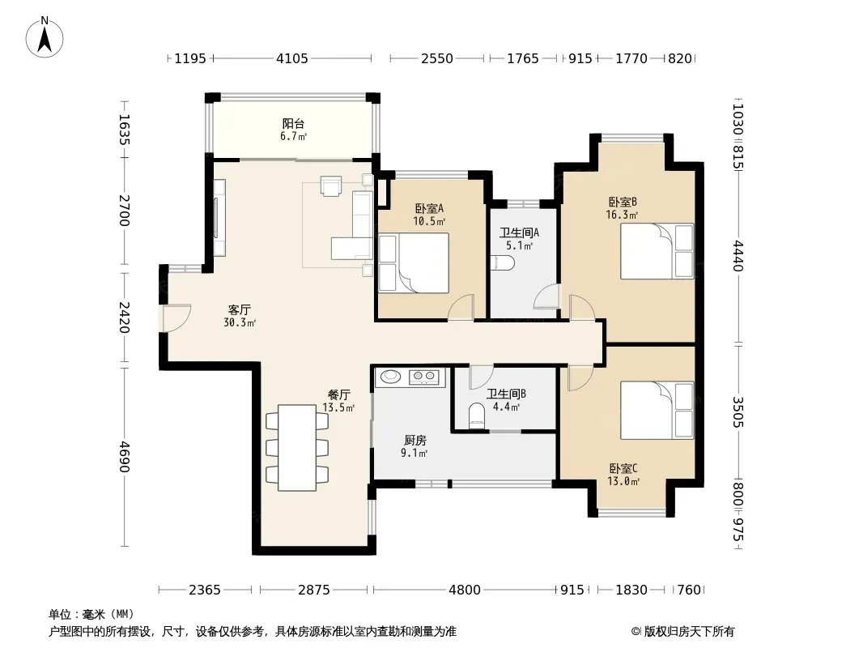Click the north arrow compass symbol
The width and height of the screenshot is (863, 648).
[45, 37]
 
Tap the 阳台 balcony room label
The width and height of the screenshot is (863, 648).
[293, 124]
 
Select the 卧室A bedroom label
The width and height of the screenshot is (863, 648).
[429, 209]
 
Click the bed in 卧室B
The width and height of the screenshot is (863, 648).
[657, 251]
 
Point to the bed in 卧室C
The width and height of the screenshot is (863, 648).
[657, 410]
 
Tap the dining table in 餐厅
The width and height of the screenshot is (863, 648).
[297, 448]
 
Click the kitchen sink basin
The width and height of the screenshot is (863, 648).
[391, 377]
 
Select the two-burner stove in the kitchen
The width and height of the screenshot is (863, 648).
[423, 377]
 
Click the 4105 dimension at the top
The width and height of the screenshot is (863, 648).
[291, 58]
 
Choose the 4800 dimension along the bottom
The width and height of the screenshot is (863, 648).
[465, 590]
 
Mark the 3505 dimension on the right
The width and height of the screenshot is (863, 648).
[738, 412]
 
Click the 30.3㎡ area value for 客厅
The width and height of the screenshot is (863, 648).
[240, 322]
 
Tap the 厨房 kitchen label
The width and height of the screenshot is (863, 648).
[415, 441]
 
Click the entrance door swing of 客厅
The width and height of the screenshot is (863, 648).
[177, 318]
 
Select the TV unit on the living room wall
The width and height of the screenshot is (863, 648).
[219, 217]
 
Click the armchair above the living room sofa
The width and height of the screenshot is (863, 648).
[331, 186]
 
